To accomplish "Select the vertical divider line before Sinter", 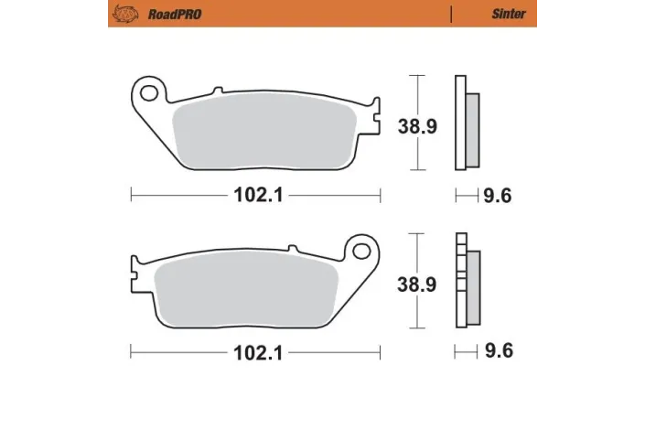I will coord(452,14).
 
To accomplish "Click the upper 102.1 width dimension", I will coord(255,195).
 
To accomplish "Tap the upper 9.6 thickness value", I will coord(496,195).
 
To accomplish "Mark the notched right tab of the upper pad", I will coord(374,115).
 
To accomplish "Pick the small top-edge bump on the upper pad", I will coord(217,91).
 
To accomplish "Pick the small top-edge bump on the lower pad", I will coord(292,248).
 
